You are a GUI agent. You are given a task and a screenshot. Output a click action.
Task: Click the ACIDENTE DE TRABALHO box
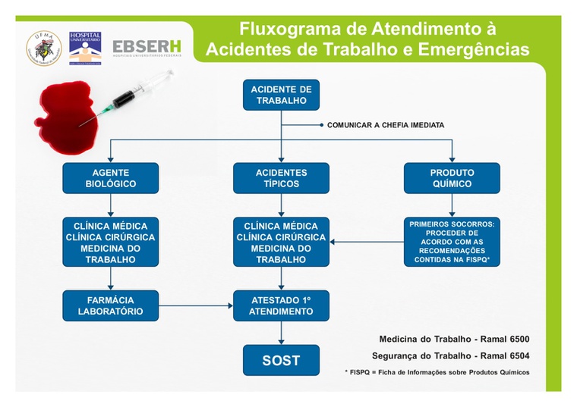(x=281, y=95)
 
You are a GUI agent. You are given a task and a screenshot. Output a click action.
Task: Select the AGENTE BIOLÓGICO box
(x=111, y=178)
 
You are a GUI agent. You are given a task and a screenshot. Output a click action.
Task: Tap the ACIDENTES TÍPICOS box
(x=281, y=178)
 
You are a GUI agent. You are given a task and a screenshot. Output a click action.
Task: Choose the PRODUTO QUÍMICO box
(x=452, y=178)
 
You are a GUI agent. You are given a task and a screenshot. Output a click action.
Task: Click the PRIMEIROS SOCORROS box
(x=452, y=242)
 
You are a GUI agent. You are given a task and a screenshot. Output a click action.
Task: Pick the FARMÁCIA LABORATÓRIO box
(x=111, y=305)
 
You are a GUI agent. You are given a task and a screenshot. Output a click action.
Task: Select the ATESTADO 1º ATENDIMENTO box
(x=281, y=305)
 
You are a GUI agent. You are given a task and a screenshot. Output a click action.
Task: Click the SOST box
(x=281, y=360)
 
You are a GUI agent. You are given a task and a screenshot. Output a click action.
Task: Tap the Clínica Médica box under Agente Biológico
(x=111, y=243)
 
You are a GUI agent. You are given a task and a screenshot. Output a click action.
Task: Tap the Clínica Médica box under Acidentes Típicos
(x=281, y=243)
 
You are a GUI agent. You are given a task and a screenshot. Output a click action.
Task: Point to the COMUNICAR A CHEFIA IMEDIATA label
(x=386, y=125)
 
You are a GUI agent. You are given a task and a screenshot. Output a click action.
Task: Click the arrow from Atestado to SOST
(x=281, y=333)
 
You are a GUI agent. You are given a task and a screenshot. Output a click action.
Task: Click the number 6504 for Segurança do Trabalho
(x=516, y=355)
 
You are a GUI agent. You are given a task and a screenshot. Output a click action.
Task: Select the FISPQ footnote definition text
(x=437, y=372)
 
